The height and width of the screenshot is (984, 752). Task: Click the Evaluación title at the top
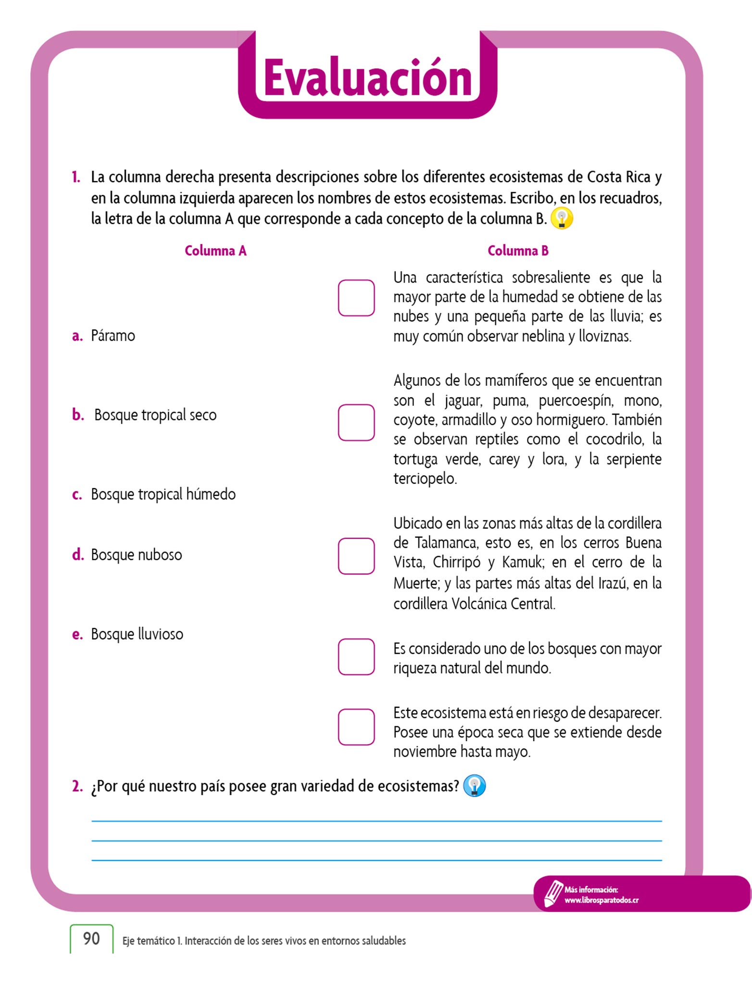coord(368,78)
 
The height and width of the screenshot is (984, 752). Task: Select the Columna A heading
coord(215,251)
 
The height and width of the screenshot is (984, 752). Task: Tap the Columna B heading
coord(518,251)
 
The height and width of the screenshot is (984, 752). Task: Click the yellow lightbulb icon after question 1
coord(562,219)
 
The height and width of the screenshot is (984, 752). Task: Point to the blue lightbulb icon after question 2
coord(474,786)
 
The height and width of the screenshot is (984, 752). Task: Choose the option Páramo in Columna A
coord(113,335)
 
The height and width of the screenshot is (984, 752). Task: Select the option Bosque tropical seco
coord(155,415)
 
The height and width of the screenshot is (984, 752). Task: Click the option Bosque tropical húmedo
coord(163,494)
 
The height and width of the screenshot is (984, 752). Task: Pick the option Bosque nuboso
coord(136,554)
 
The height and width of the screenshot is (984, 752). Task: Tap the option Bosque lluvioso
coord(137,634)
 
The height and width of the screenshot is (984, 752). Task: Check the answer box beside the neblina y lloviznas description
coord(356,298)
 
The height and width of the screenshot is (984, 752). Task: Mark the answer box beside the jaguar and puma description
coord(356,422)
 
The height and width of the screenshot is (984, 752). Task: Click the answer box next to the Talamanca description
coord(356,556)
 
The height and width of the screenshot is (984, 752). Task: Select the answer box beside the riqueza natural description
coord(356,656)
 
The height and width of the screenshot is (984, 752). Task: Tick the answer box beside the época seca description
coord(356,727)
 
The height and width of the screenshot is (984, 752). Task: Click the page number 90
coord(91,938)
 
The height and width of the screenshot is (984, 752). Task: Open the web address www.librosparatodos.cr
coord(602,900)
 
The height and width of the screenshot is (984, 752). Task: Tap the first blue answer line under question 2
coord(376,821)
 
